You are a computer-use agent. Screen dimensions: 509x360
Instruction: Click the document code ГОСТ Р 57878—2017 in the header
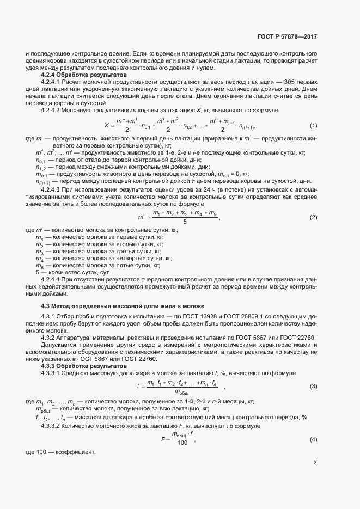tap(286, 36)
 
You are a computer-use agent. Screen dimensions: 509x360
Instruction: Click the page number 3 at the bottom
tap(315, 463)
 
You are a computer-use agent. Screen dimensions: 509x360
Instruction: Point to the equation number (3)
tap(313, 386)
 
